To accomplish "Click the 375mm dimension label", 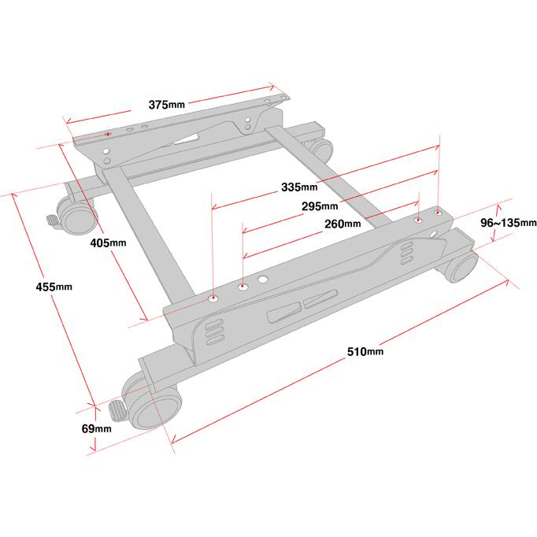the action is click(166, 105).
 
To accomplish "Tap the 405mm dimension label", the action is click(108, 243).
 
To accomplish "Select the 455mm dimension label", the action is click(54, 287).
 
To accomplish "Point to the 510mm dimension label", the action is click(365, 352).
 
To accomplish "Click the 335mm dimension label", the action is click(299, 187).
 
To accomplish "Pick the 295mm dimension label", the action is click(320, 206).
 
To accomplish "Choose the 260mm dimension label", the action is click(343, 224).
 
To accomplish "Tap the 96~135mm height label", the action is click(508, 223).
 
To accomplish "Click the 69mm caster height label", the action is click(97, 428).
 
